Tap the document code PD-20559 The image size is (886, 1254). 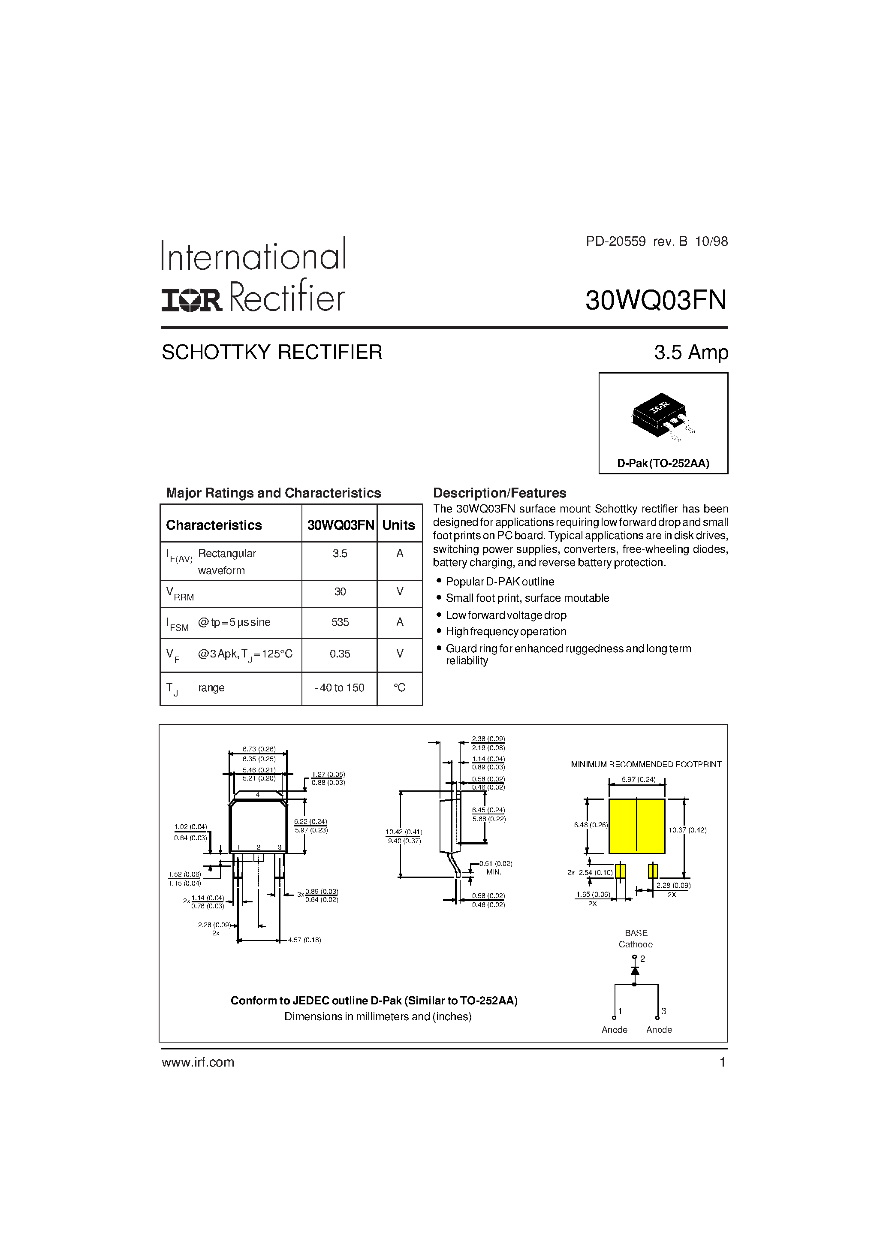point(616,241)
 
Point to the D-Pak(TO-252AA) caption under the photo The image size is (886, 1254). point(663,464)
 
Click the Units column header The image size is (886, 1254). point(398,525)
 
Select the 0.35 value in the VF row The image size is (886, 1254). point(340,654)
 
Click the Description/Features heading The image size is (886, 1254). point(499,493)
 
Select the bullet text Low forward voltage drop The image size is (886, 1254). point(506,615)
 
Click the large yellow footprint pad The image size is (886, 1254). point(636,826)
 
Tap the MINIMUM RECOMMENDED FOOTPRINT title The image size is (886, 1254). point(646,765)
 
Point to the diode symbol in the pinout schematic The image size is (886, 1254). point(635,971)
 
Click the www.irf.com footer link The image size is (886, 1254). point(198,1062)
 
